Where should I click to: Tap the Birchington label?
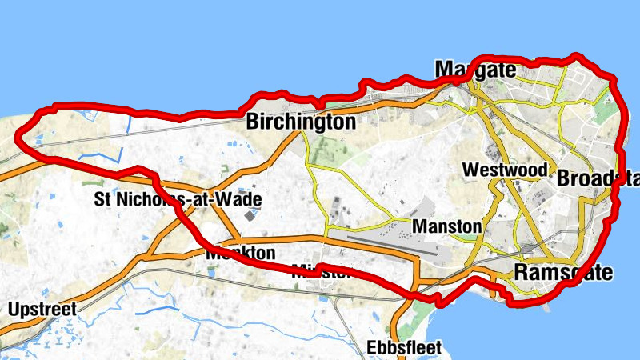click(300, 122)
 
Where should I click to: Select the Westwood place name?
click(505, 170)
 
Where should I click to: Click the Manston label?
click(447, 226)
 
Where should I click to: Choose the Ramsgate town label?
click(564, 272)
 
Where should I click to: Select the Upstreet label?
click(42, 309)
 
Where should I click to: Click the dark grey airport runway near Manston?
click(392, 243)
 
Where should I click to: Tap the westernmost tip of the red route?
click(19, 137)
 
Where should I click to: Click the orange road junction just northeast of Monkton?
click(238, 240)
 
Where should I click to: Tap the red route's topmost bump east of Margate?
click(574, 56)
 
